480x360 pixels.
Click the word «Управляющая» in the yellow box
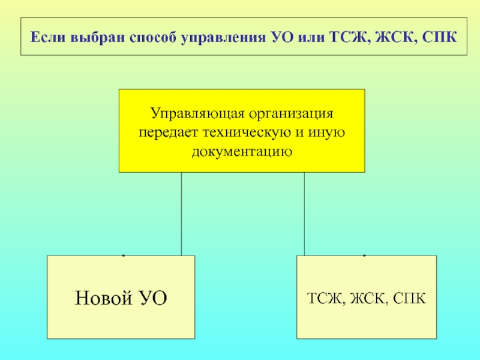(x=194, y=113)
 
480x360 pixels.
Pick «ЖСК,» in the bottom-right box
(x=368, y=298)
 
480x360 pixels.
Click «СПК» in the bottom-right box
(x=410, y=298)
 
